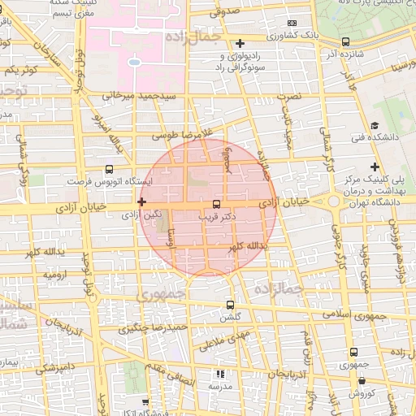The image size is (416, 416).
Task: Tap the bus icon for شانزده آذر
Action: [346, 42]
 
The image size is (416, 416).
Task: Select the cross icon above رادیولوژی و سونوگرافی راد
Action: [239, 43]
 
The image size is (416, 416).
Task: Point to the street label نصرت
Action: [289, 97]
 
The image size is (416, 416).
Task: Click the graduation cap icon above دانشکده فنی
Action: [375, 125]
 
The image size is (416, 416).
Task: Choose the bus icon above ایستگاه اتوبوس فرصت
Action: [110, 170]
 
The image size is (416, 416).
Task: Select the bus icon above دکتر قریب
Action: [216, 205]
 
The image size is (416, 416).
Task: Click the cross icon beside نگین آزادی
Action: [142, 201]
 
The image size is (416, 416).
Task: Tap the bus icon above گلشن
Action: [231, 305]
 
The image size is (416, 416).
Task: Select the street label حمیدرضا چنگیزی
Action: [154, 328]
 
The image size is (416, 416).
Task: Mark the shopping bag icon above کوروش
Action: [362, 380]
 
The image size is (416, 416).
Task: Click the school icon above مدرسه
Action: [219, 374]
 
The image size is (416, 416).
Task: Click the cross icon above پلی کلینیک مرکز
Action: [374, 166]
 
